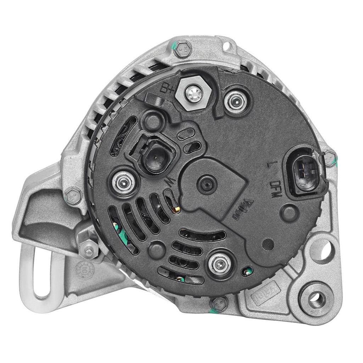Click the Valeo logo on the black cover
(x=242, y=210)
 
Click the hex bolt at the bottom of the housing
(x=219, y=303)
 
